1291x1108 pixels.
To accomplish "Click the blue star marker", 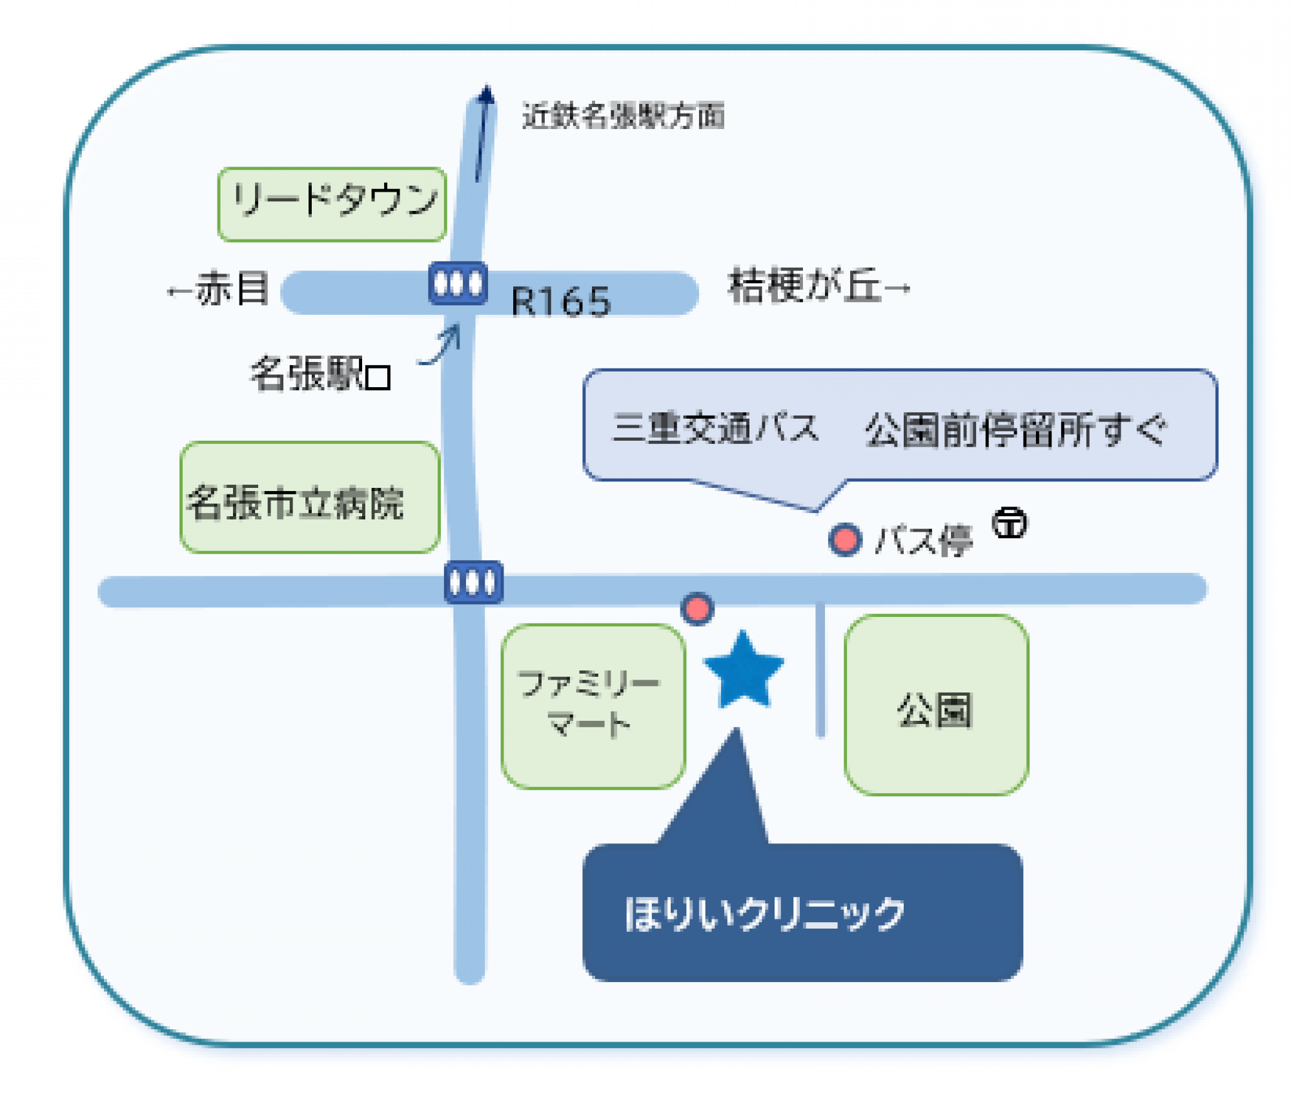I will pyautogui.click(x=744, y=671).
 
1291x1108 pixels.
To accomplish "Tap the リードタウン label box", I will pyautogui.click(x=332, y=204).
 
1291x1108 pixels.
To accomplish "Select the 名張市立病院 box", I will pyautogui.click(x=310, y=498).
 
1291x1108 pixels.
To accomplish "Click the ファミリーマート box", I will pyautogui.click(x=593, y=706).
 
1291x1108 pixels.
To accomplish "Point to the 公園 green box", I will pyautogui.click(x=935, y=705).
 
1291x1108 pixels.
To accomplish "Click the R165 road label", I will pyautogui.click(x=560, y=301).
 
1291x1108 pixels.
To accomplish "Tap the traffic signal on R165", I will pyautogui.click(x=458, y=283).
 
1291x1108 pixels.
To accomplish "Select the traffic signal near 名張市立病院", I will pyautogui.click(x=473, y=582).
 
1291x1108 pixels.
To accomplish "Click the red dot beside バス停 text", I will pyautogui.click(x=845, y=539).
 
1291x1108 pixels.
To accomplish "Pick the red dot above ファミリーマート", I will pyautogui.click(x=696, y=609).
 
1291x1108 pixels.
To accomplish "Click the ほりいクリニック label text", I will pyautogui.click(x=764, y=914).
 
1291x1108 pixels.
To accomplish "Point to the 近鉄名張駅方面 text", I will pyautogui.click(x=623, y=116).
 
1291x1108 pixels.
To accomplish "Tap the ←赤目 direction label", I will pyautogui.click(x=218, y=288).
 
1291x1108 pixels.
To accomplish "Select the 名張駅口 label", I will pyautogui.click(x=321, y=374).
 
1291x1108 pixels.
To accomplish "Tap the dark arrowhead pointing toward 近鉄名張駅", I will pyautogui.click(x=486, y=96).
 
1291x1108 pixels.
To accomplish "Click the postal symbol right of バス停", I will pyautogui.click(x=1010, y=523).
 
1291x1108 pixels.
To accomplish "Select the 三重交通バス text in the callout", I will pyautogui.click(x=715, y=428).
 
